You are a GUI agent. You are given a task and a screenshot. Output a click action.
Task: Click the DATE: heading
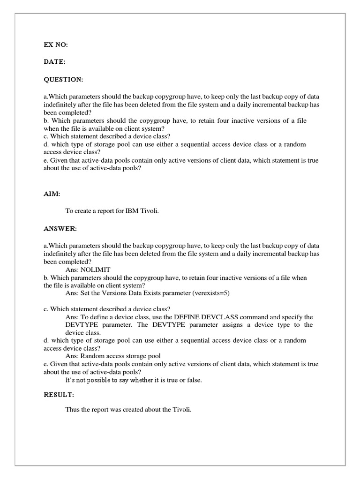pyautogui.click(x=54, y=62)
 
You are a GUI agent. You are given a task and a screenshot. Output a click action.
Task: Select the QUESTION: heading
pyautogui.click(x=63, y=80)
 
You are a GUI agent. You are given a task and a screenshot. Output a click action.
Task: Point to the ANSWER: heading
pyautogui.click(x=60, y=229)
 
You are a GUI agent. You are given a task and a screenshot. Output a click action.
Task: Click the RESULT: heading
pyautogui.click(x=59, y=395)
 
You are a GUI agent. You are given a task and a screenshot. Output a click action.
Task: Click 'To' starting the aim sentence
pyautogui.click(x=69, y=211)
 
